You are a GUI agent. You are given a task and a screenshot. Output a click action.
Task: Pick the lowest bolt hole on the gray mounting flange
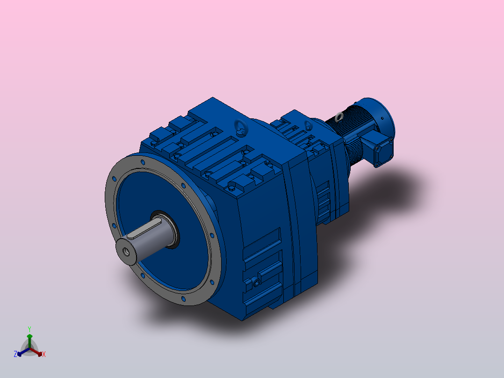pos(183,298)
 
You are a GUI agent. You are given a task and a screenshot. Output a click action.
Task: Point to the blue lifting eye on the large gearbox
pos(239,125)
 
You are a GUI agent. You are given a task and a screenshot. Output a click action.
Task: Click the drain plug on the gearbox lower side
pos(255,282)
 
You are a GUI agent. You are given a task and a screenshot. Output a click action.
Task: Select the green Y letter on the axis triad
pos(29,329)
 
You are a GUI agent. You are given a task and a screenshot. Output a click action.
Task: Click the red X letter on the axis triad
pos(44,355)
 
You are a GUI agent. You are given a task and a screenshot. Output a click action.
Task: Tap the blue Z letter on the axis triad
pos(15,354)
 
